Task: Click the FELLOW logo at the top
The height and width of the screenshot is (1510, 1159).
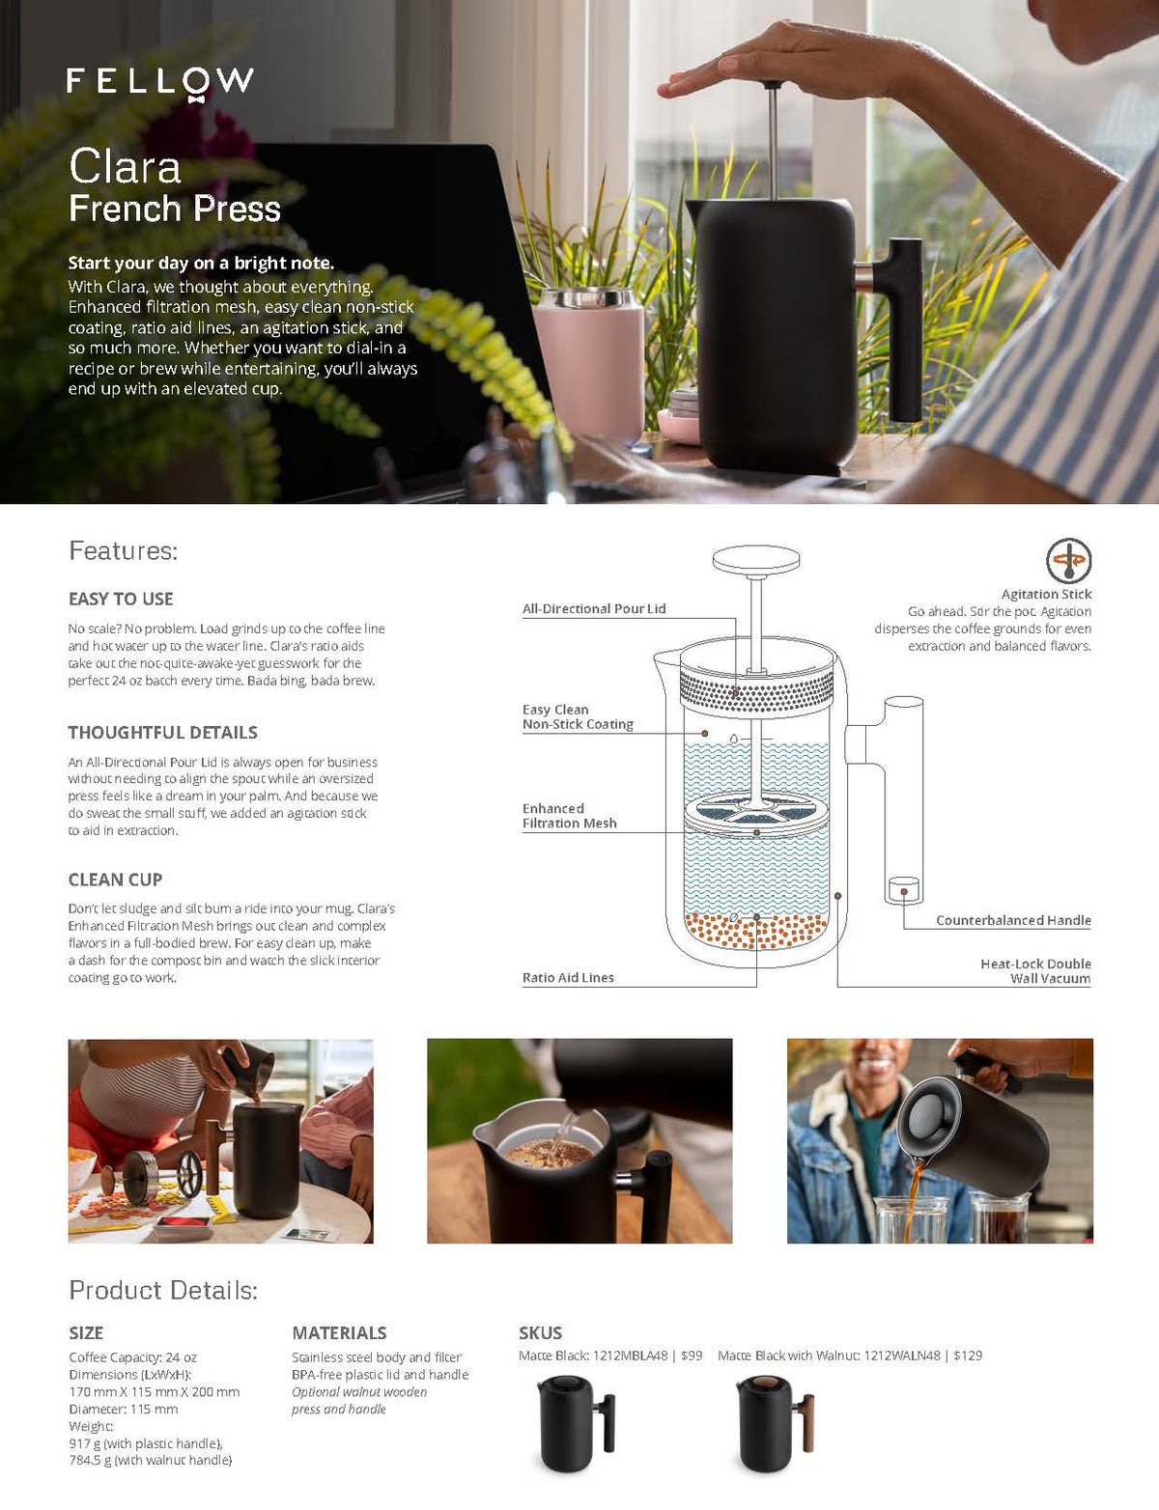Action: click(160, 82)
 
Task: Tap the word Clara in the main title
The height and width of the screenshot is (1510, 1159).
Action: click(125, 167)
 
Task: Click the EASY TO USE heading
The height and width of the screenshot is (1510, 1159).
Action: click(121, 599)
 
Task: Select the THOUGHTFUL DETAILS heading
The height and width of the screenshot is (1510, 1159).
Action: click(162, 732)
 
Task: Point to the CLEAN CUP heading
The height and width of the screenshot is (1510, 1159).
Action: click(115, 880)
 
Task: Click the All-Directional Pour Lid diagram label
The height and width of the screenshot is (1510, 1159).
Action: click(594, 608)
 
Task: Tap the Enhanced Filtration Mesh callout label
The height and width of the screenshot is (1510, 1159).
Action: click(569, 816)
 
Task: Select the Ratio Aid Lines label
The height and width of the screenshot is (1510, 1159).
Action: click(568, 977)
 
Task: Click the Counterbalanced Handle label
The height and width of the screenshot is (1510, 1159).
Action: click(1013, 920)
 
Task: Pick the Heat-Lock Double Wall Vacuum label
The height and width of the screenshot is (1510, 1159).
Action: click(1035, 970)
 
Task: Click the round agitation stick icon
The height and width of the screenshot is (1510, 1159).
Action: click(1068, 561)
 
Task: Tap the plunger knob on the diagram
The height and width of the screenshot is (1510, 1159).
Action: click(756, 559)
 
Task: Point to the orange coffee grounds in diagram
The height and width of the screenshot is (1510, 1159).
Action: click(756, 931)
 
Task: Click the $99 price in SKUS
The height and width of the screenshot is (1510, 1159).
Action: click(692, 1356)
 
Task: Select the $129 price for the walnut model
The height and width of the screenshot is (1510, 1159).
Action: click(968, 1356)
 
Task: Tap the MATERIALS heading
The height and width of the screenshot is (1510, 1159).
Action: click(339, 1332)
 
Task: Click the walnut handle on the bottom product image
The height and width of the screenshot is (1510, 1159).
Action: click(808, 1422)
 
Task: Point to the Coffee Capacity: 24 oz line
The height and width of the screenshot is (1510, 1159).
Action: click(132, 1356)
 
